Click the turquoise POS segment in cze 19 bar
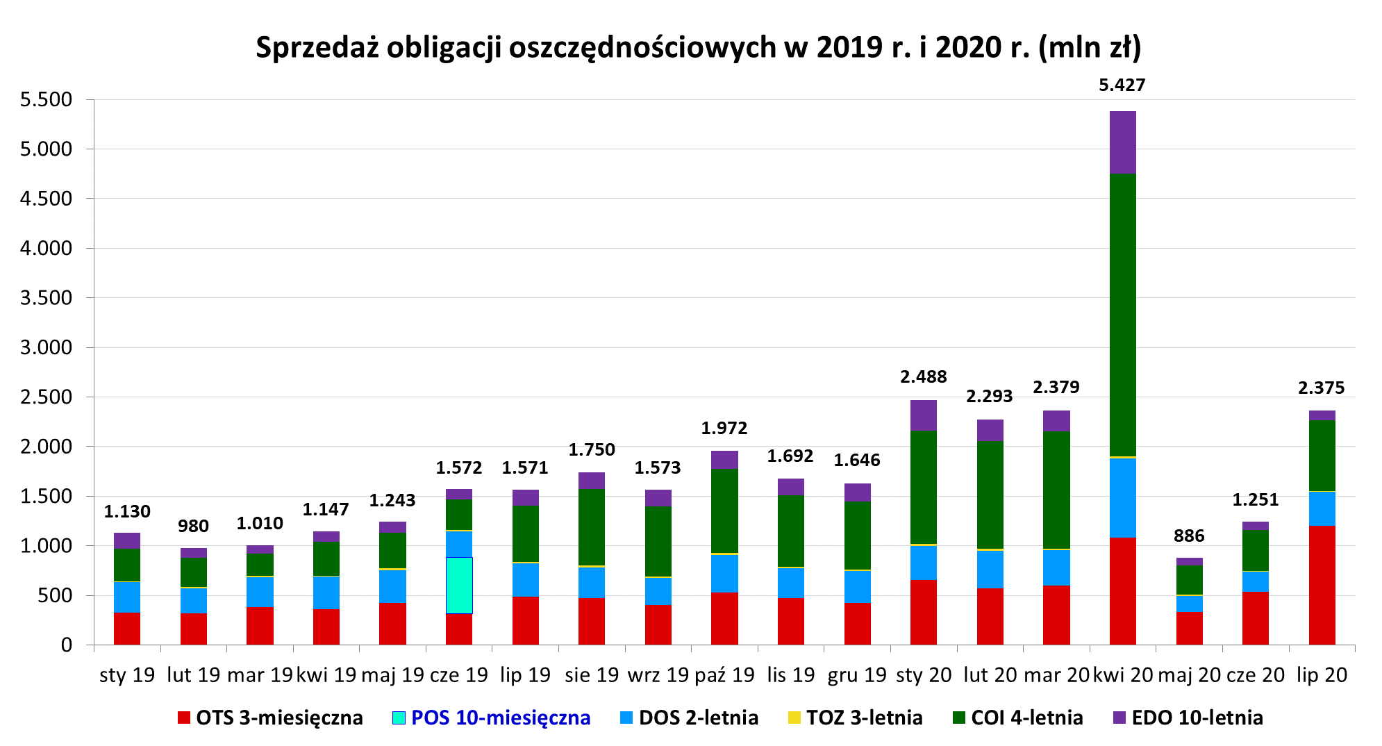(x=459, y=585)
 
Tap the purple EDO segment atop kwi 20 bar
(x=1122, y=142)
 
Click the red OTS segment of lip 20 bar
(x=1322, y=585)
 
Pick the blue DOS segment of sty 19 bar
(x=127, y=597)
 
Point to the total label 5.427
(x=1122, y=85)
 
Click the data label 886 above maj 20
(x=1188, y=536)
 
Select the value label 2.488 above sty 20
(x=923, y=376)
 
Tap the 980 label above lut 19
(x=193, y=526)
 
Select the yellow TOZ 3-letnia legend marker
(x=794, y=718)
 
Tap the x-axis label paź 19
(x=724, y=674)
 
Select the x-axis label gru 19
(x=857, y=674)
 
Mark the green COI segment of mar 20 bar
(x=1056, y=490)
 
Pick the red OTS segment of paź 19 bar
(x=724, y=618)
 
